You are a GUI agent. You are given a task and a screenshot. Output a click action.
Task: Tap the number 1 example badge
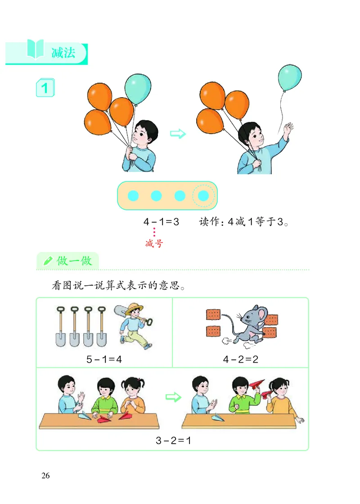click(x=45, y=87)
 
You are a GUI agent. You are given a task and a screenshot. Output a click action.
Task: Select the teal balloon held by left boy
click(x=137, y=89)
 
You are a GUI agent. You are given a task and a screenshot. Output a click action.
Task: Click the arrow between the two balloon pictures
click(x=178, y=134)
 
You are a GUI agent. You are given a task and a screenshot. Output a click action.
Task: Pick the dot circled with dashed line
click(x=203, y=196)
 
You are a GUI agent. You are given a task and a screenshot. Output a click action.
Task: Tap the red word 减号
click(x=154, y=244)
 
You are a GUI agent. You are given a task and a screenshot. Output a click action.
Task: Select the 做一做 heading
click(x=74, y=261)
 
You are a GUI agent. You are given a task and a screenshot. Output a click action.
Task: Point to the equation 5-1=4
click(x=104, y=360)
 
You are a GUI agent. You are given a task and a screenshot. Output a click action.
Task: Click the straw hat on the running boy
click(x=134, y=310)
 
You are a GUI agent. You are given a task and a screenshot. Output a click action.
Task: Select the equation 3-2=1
click(x=174, y=441)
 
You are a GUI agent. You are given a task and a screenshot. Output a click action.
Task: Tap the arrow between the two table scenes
click(x=173, y=397)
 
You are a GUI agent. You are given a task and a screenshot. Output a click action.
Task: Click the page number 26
click(x=45, y=476)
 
